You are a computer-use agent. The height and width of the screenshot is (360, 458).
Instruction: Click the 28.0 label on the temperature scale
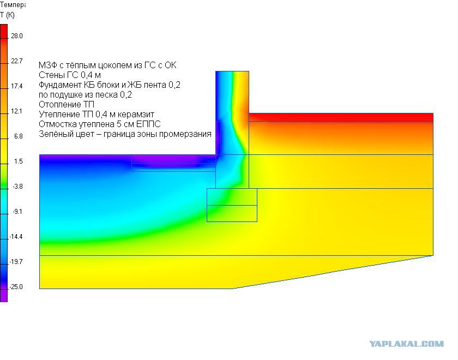point(17,36)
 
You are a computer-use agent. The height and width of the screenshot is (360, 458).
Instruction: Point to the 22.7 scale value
point(17,61)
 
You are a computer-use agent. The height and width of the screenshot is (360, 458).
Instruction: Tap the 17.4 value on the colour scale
point(17,86)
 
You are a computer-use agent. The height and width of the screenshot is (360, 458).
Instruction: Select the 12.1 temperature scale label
point(17,111)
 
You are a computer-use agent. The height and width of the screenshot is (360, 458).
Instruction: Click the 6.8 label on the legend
point(19,136)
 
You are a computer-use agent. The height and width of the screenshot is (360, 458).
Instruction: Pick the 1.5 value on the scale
point(19,161)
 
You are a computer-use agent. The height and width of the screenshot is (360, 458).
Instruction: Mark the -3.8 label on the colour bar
point(17,187)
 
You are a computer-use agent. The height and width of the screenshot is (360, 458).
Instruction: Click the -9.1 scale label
point(17,212)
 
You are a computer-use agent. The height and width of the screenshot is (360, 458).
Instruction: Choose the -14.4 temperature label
point(16,237)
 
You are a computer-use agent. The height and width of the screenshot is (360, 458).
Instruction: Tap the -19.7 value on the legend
point(16,262)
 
